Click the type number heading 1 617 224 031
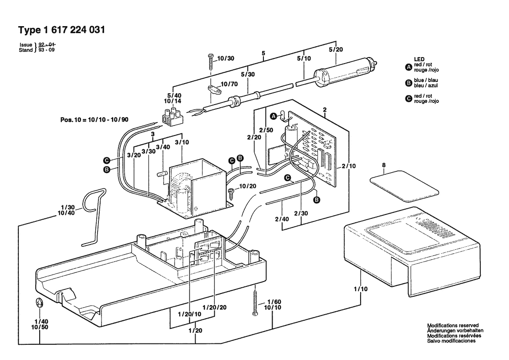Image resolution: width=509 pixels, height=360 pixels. (74, 30)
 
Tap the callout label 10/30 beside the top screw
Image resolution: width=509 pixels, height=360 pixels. (226, 58)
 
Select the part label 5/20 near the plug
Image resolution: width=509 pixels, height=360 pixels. (336, 49)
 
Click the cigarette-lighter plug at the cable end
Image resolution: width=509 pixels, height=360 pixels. (345, 72)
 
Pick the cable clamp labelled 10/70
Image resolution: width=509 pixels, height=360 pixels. (214, 90)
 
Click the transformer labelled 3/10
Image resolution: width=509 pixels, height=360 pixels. (196, 188)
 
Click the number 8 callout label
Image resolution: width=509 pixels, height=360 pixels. (384, 165)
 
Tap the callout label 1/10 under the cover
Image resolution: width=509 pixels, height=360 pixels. (361, 289)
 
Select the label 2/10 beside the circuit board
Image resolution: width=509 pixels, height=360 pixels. (349, 166)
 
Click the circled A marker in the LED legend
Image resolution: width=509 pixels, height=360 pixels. (408, 67)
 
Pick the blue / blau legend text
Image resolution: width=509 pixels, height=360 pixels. (426, 80)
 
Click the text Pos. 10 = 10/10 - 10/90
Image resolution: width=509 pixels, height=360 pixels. (94, 119)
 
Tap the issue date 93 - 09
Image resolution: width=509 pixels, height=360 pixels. (47, 50)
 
